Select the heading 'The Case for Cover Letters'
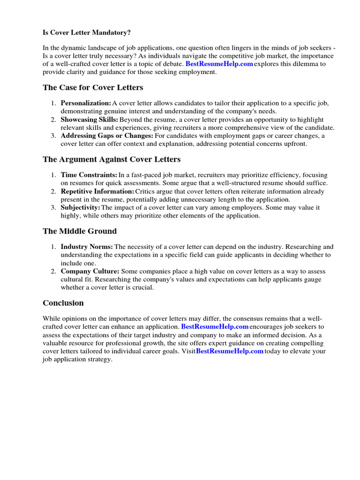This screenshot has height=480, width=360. (93, 88)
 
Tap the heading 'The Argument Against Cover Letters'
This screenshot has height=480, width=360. (111, 159)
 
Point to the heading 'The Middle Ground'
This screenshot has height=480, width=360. (79, 231)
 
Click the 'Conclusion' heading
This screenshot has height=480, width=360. (63, 303)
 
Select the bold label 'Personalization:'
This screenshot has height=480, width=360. (86, 103)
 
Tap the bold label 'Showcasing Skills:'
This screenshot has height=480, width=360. (89, 120)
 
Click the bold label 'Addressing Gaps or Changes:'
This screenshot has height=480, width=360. (106, 136)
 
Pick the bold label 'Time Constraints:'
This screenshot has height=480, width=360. (89, 175)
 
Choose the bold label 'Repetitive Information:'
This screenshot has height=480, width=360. (97, 191)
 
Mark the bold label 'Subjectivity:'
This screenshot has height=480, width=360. (80, 208)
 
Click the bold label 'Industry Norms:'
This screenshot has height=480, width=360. (87, 247)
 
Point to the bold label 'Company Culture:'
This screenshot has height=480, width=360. (90, 271)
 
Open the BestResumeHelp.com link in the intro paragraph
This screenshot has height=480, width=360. (219, 64)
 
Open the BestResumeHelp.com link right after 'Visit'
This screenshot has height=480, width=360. (229, 351)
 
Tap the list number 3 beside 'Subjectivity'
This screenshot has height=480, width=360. (53, 208)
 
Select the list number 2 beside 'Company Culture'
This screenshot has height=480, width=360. (53, 271)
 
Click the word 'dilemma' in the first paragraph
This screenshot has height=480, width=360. (299, 64)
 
